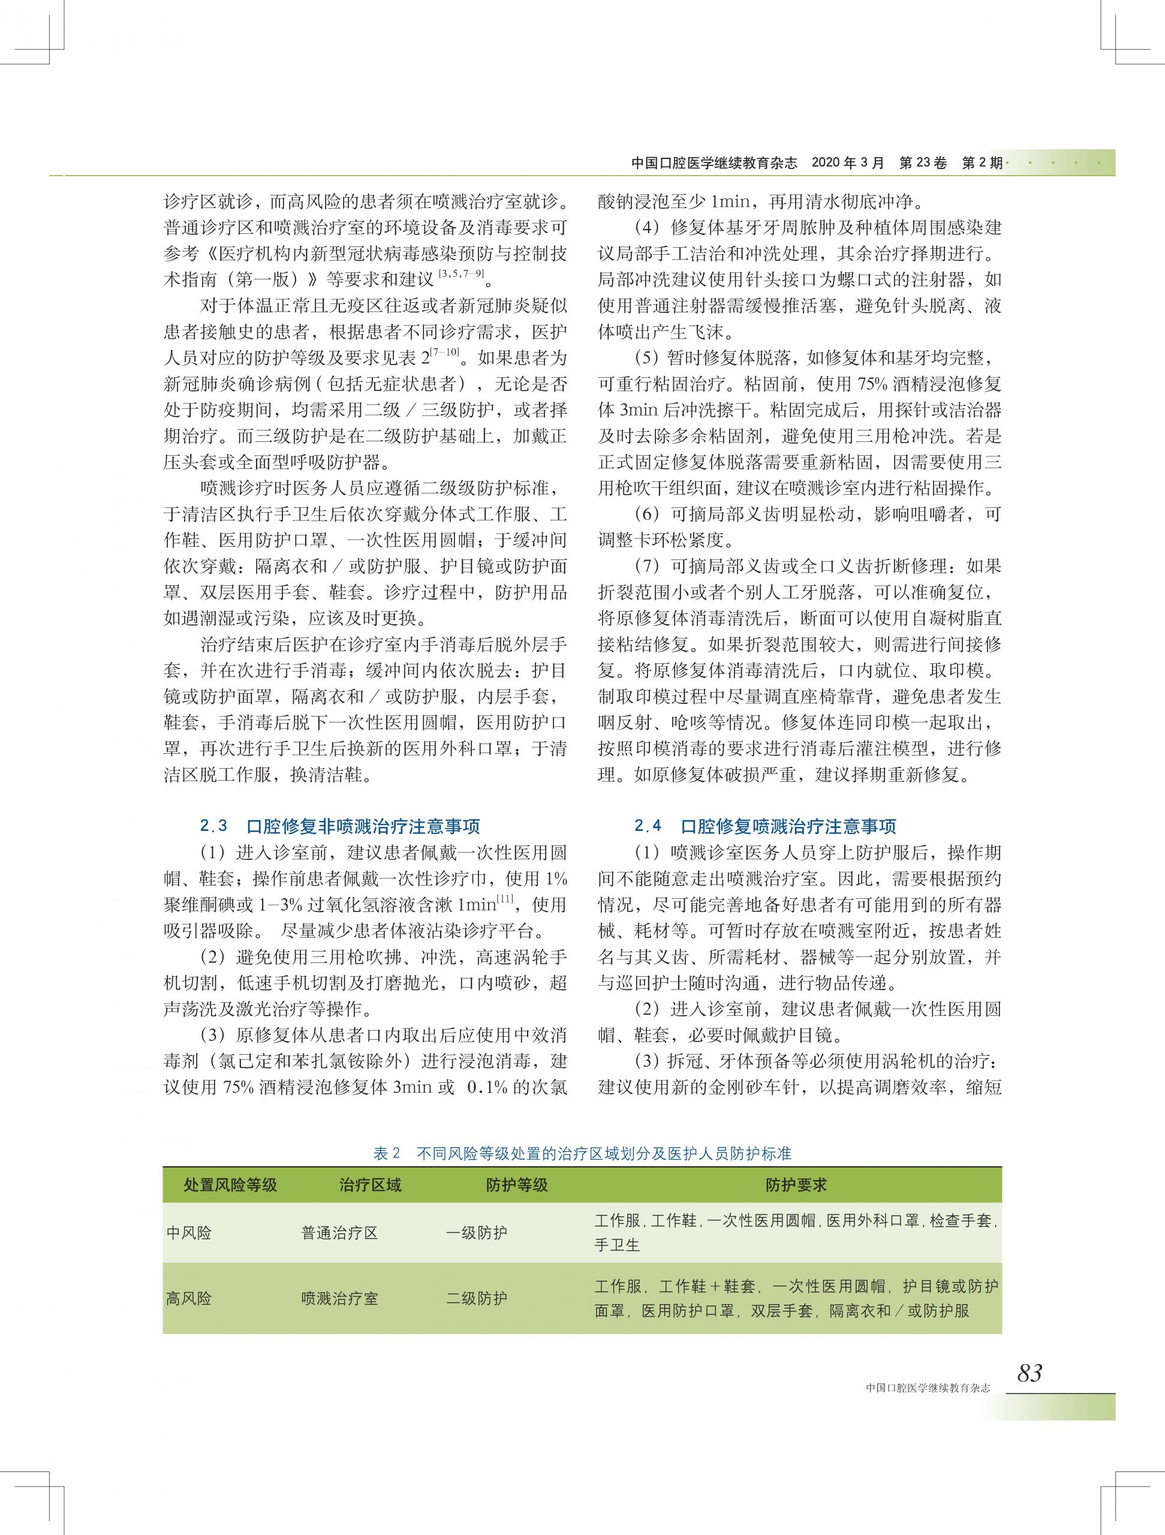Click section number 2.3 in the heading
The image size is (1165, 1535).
[x=213, y=826]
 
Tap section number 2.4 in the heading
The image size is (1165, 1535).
[x=648, y=826]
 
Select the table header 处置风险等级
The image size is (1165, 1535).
[x=230, y=1185]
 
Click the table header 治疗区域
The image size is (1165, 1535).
[x=371, y=1185]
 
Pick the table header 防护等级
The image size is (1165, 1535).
[x=517, y=1185]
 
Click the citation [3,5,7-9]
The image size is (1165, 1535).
[x=462, y=275]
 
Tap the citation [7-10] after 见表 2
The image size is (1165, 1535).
[x=445, y=353]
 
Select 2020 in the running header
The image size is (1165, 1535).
[x=825, y=163]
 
